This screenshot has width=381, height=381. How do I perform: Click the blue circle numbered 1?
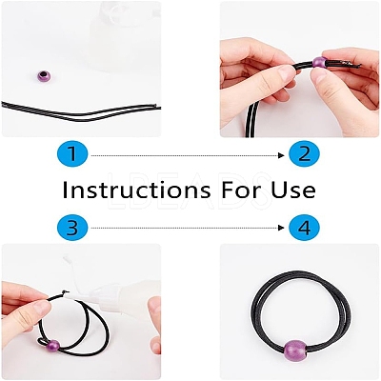(72, 155)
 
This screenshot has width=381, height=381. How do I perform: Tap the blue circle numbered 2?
(305, 155)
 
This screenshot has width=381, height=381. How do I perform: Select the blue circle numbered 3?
(72, 228)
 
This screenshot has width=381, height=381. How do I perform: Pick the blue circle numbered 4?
(305, 228)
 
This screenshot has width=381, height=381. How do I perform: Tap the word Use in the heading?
(294, 190)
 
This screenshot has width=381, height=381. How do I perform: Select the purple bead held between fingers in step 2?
(319, 62)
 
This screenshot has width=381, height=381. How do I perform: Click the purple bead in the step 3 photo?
(53, 345)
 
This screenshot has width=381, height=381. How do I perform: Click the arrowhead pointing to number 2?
(281, 155)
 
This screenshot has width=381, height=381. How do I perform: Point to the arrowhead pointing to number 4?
(281, 228)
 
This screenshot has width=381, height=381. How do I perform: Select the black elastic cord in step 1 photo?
(79, 113)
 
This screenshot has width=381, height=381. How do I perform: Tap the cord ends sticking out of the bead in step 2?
(345, 64)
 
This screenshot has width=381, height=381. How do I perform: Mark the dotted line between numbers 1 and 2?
(185, 155)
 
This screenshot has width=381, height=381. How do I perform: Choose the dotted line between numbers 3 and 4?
(185, 228)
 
